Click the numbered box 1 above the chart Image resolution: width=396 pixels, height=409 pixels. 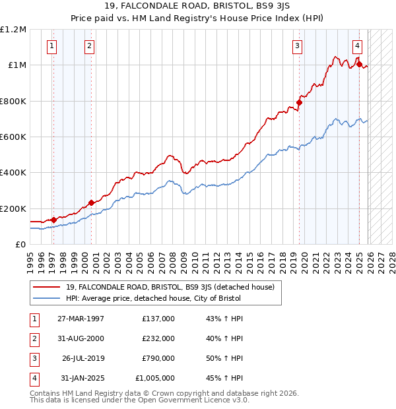coord(52,46)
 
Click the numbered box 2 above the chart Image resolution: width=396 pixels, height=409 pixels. coord(89,46)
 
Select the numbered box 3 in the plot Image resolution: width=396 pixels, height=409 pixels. coord(298,46)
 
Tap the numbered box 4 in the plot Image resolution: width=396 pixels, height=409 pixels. coord(357,46)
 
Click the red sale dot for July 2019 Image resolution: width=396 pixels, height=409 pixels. coord(299,102)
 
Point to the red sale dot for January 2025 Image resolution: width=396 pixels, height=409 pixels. coord(359,64)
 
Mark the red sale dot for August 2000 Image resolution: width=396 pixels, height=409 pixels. coord(91,203)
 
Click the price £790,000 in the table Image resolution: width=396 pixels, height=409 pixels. coord(158,358)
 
